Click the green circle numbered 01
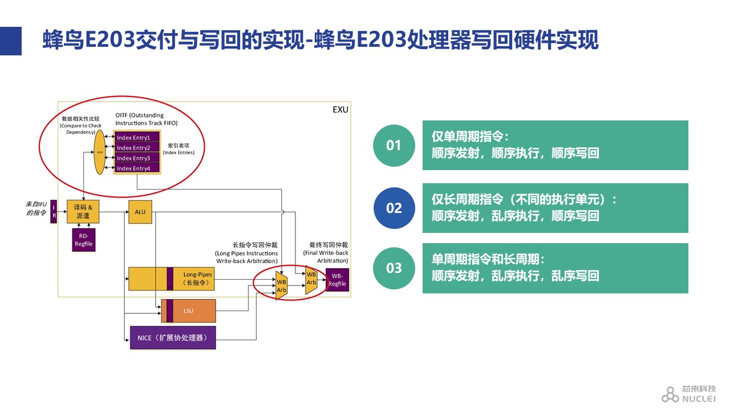(x=394, y=146)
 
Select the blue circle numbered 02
(x=394, y=208)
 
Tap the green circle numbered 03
(x=394, y=268)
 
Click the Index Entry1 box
(x=136, y=138)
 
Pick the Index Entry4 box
(x=136, y=168)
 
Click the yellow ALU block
(x=140, y=212)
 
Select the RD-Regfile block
(x=83, y=240)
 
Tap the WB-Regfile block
(x=337, y=280)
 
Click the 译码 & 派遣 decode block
(x=83, y=212)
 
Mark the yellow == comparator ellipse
(x=100, y=152)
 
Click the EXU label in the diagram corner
(x=340, y=110)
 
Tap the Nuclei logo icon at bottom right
(x=670, y=394)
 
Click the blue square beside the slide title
(x=11, y=41)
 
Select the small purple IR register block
(x=54, y=212)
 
